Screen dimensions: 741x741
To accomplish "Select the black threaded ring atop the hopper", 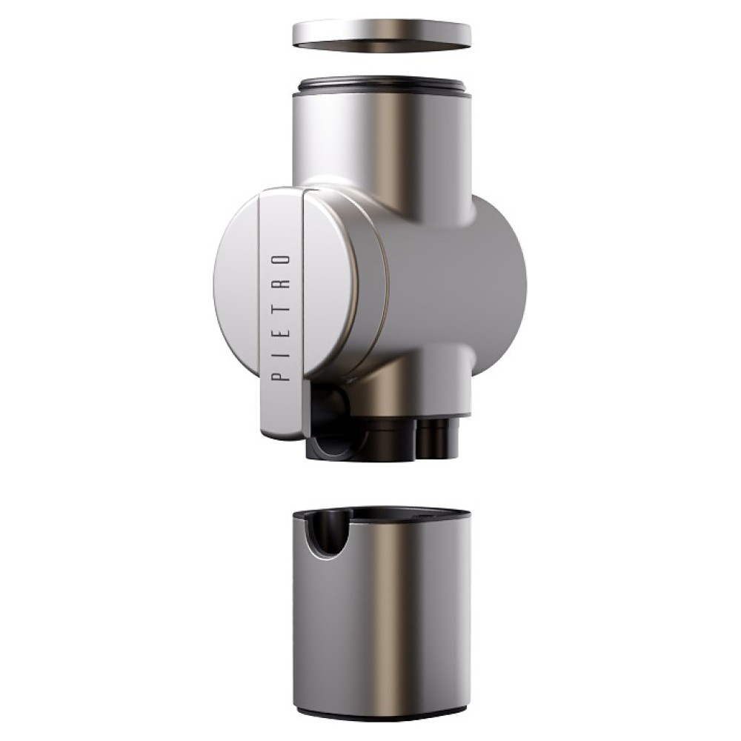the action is (x=385, y=87).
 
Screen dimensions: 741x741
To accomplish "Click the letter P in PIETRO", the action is (x=282, y=375).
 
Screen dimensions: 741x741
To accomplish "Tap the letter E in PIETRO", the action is (x=282, y=330).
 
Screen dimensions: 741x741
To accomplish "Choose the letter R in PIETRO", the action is (x=282, y=284).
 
